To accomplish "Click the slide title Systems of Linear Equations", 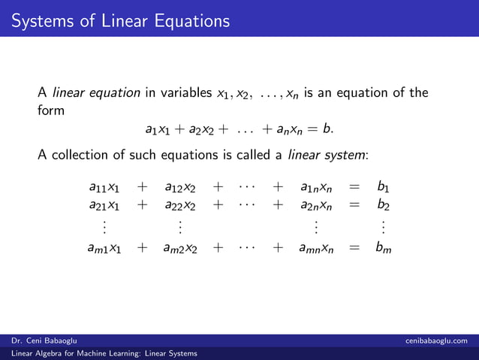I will click(120, 20).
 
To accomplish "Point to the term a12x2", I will click(180, 186).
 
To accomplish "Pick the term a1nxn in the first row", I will click(315, 186).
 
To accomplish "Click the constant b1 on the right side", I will click(383, 186).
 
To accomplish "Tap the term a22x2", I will click(180, 204).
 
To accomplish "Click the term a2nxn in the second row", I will click(315, 204).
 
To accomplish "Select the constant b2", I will click(383, 204).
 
